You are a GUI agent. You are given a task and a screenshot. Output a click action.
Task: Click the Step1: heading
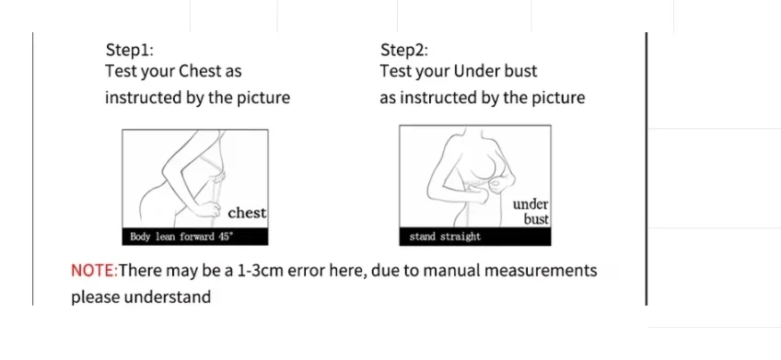(130, 51)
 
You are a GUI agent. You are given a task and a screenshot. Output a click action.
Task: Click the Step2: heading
(404, 51)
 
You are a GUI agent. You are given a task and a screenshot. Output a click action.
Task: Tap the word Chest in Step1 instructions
(199, 71)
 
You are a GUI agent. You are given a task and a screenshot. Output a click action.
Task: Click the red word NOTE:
(95, 271)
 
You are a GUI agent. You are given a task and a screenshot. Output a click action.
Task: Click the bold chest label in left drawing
(247, 213)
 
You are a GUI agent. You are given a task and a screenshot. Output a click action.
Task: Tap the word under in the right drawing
(530, 204)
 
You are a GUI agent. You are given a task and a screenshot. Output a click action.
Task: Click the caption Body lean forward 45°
(181, 237)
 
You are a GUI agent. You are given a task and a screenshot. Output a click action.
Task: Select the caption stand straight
(445, 237)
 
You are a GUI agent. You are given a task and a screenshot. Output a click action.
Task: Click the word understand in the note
(168, 297)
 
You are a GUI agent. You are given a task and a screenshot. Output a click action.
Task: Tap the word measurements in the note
(541, 271)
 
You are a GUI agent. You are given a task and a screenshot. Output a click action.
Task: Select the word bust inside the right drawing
(536, 219)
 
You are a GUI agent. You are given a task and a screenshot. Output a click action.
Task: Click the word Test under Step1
(120, 71)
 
